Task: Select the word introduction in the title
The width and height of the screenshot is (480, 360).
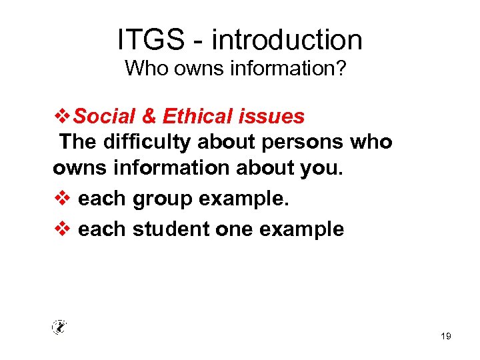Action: [x=287, y=40]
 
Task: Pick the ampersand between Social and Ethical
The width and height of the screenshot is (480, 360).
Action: [x=149, y=117]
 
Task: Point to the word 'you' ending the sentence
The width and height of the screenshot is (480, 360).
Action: [x=323, y=169]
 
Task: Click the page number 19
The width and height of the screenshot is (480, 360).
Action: [x=446, y=337]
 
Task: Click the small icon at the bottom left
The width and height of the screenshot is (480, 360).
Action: [x=60, y=327]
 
